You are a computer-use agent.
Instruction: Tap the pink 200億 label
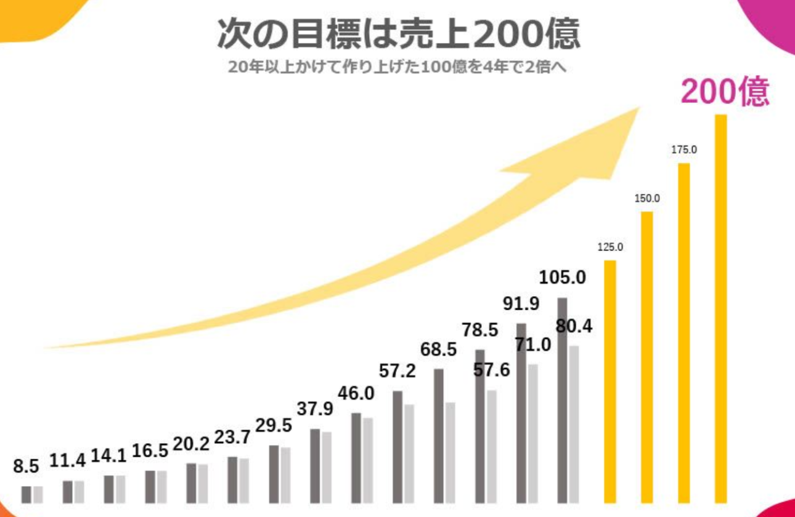tap(725, 93)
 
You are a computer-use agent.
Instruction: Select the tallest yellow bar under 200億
tap(720, 308)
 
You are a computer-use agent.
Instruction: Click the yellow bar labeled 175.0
tap(683, 332)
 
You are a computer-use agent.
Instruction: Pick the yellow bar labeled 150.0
tap(646, 357)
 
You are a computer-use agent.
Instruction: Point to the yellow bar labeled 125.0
tap(610, 382)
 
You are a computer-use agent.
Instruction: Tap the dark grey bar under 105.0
tap(562, 400)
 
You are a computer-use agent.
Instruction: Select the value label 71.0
tap(532, 345)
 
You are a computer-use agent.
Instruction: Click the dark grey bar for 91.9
tap(521, 412)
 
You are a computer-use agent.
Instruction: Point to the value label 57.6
tap(491, 371)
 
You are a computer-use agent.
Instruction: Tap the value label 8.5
tap(26, 467)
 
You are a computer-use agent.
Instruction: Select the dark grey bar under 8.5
tap(26, 494)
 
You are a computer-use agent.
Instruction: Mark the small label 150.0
tap(647, 198)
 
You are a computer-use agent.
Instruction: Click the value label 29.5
tap(274, 426)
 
